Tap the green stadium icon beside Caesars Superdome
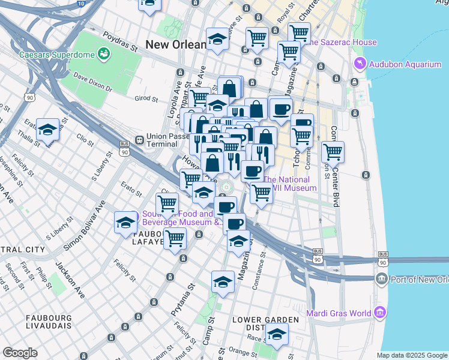[104, 54]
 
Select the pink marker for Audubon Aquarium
[360, 63]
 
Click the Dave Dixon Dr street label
[93, 83]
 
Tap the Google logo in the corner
[20, 353]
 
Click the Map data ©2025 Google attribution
[411, 355]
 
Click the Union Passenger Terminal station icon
[139, 140]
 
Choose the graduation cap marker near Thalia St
[47, 129]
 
